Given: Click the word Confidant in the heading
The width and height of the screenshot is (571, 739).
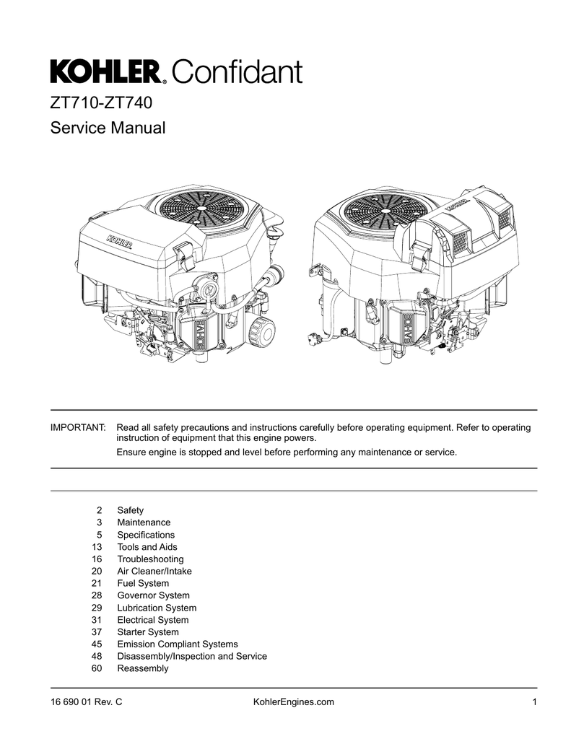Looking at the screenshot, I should point(237,72).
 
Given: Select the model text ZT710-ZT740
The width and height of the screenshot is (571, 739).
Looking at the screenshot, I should point(100,102).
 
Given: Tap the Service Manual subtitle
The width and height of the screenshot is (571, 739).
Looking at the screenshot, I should point(108,129).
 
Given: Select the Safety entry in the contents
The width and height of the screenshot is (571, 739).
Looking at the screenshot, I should point(130,510).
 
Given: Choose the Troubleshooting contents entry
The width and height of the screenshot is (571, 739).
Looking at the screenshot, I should point(150,559).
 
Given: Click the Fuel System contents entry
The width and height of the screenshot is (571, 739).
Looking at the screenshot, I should point(143,583).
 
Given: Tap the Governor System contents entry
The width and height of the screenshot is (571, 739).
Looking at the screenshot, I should point(153,595).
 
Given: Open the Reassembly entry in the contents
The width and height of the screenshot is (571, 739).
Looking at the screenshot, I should point(142,668).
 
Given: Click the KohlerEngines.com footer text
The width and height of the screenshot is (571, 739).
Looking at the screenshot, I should point(284,702).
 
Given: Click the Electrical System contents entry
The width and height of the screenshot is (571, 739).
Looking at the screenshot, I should point(152,620).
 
